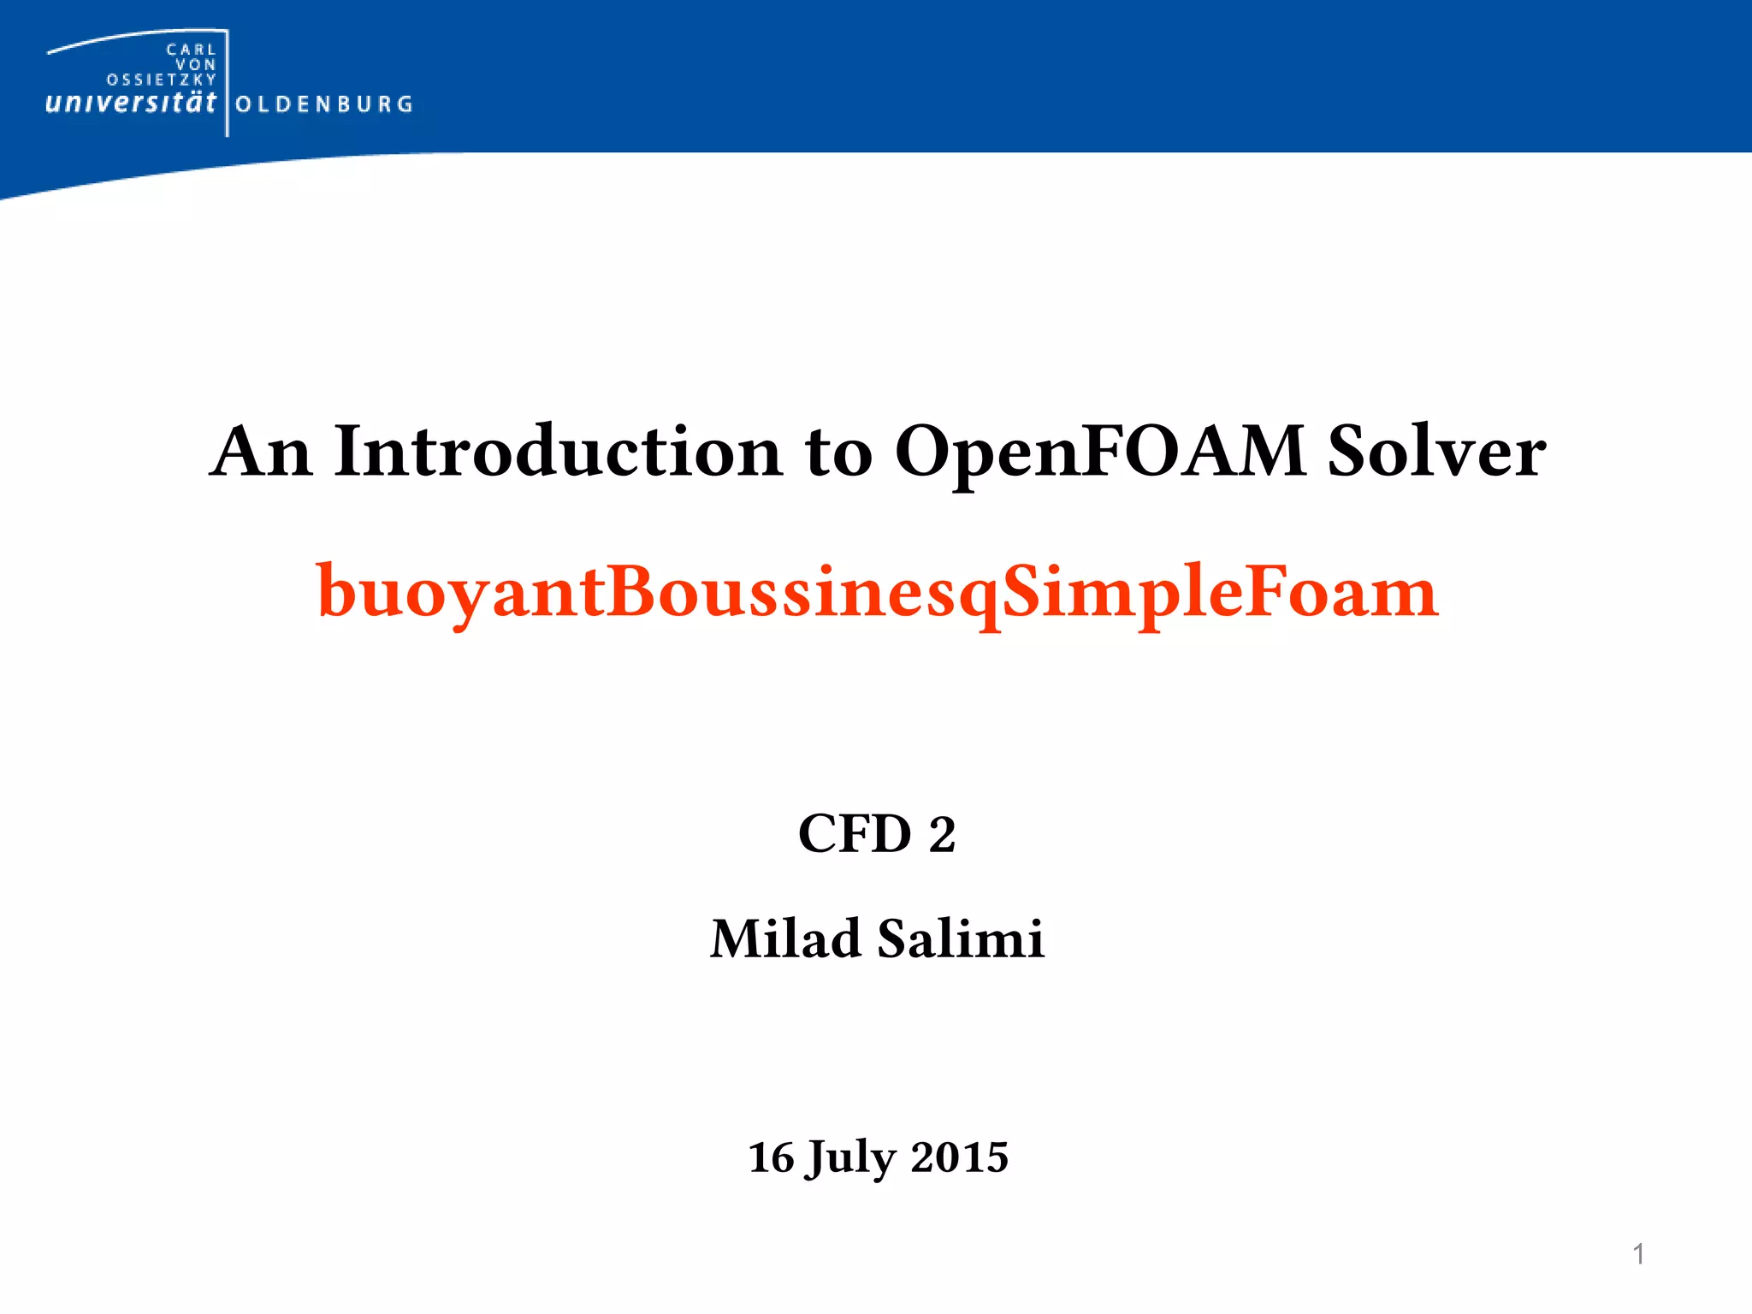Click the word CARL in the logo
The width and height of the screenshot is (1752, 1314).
point(191,50)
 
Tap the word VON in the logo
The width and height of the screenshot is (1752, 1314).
point(196,65)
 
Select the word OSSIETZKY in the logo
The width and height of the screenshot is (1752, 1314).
point(162,80)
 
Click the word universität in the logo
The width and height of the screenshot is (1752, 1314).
point(130,104)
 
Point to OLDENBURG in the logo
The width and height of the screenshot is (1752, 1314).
point(324,104)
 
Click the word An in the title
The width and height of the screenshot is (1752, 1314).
point(261,452)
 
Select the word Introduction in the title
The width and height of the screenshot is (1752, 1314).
point(558,452)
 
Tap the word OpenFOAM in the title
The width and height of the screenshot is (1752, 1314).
point(1099,452)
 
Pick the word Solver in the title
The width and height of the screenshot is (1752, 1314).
point(1436,452)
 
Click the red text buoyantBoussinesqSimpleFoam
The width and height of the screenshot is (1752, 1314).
point(877,592)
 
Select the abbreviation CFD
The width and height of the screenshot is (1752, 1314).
point(855,834)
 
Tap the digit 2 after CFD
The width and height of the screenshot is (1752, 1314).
point(942,835)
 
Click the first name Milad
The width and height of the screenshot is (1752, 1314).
point(784,938)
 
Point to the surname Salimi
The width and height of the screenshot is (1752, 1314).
point(961,938)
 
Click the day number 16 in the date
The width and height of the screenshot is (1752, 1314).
point(771,1157)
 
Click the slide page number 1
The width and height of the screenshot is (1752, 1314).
point(1638,1254)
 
